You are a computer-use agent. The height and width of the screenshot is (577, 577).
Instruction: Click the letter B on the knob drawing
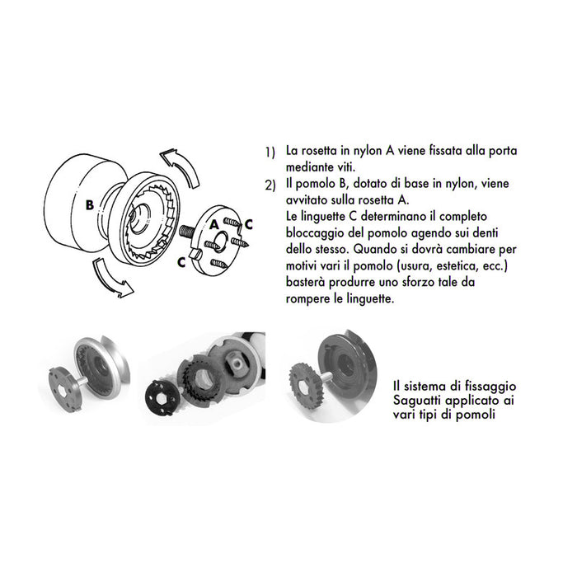89,204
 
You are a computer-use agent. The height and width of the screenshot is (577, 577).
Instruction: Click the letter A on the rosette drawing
213,223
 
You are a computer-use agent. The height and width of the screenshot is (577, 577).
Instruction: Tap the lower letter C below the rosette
180,262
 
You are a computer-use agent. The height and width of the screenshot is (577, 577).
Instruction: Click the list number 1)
270,153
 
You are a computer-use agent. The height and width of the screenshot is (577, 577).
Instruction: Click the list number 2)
270,185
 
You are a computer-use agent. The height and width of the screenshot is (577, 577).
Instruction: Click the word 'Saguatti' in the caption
421,400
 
